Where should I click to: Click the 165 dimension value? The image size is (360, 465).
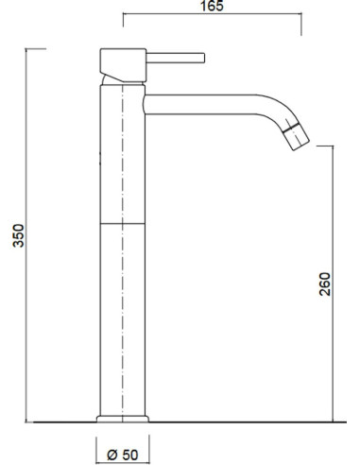(212, 6)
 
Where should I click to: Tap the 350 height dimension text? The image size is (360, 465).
(18, 235)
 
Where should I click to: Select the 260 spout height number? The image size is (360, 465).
(325, 284)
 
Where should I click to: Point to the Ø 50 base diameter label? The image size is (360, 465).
(123, 455)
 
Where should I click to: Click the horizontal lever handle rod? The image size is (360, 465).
(176, 58)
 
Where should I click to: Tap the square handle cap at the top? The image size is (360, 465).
(124, 65)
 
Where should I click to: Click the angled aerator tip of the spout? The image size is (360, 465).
(296, 136)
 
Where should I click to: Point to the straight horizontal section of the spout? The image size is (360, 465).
(199, 104)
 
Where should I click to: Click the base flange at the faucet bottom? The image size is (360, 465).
(123, 419)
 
